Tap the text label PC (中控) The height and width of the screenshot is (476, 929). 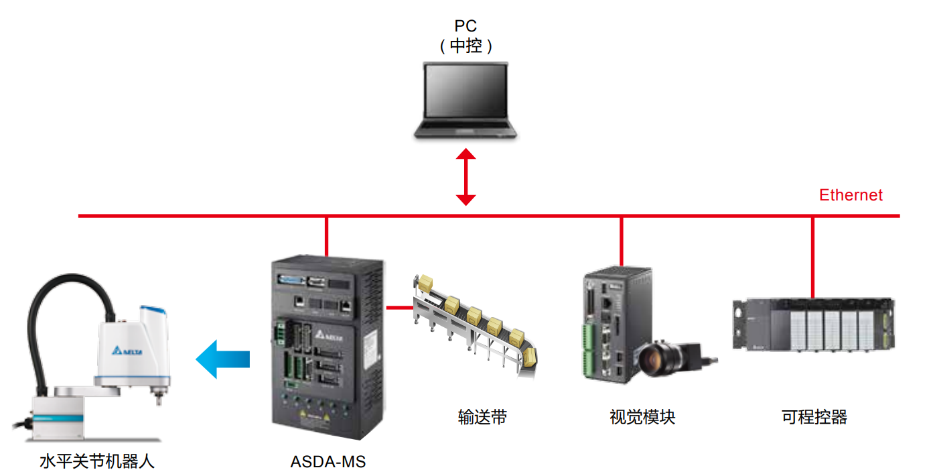point(466,36)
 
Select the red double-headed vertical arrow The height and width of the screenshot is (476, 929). point(466,177)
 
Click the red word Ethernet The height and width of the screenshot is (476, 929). point(851,195)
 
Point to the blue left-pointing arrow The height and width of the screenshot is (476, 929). point(223,359)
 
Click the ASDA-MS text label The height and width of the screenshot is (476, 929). point(328,462)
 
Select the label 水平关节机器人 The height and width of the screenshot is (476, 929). point(97,462)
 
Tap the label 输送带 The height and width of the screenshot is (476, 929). point(482,417)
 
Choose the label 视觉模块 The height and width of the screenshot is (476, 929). point(642,417)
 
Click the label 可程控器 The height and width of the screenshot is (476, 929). point(814,417)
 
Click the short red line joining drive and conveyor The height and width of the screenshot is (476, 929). point(400,308)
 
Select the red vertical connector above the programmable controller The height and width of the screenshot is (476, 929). point(812,257)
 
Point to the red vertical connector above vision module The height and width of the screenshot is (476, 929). point(622,241)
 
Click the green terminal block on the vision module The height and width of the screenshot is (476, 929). point(588,349)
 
